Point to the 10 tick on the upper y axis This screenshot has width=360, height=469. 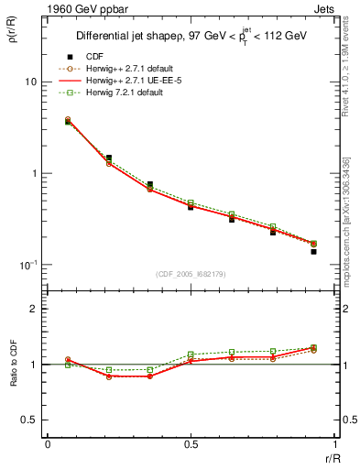point(30,82)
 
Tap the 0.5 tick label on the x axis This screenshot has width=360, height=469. point(191,443)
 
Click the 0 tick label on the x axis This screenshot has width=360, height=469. point(47,443)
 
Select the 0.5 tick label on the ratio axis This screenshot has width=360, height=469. point(29,420)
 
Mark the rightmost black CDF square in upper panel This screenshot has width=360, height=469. point(313,251)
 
